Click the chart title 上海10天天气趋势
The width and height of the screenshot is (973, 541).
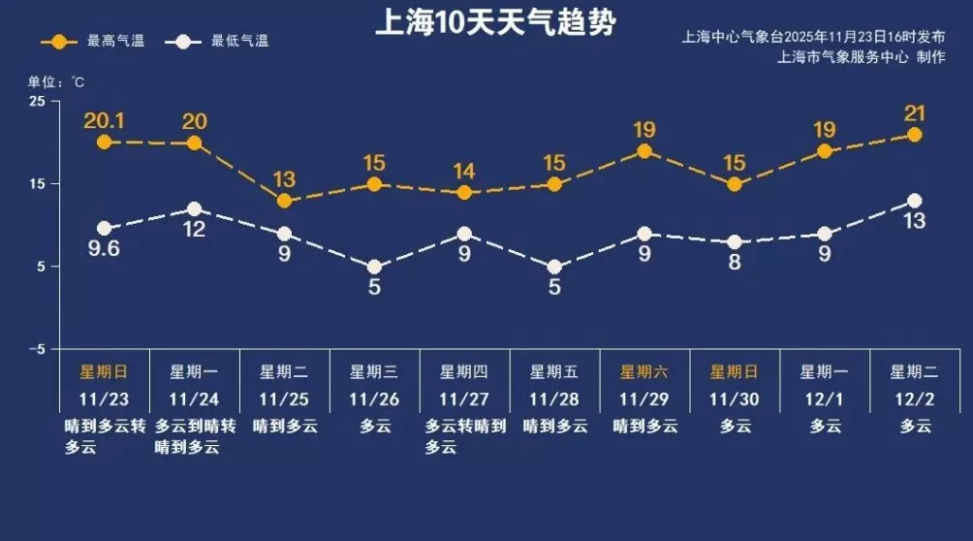(494, 22)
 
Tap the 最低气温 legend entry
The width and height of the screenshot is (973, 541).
(217, 42)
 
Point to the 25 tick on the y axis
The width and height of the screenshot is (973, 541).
(37, 102)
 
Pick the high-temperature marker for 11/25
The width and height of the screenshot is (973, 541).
(284, 201)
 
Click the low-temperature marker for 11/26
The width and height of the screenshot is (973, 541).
(374, 267)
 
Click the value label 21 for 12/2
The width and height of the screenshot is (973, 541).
(914, 113)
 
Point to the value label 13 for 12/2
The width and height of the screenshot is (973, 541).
(914, 221)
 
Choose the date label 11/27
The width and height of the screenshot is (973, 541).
(464, 398)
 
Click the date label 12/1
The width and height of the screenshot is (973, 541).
(825, 398)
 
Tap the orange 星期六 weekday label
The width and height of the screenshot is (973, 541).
(643, 371)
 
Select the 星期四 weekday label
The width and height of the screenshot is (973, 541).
(464, 371)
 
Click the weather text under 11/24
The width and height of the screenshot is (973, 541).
(194, 436)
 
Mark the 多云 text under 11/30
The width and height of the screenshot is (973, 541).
(735, 426)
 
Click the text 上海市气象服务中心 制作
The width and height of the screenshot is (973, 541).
(861, 57)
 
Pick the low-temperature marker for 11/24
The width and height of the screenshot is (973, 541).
(194, 209)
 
